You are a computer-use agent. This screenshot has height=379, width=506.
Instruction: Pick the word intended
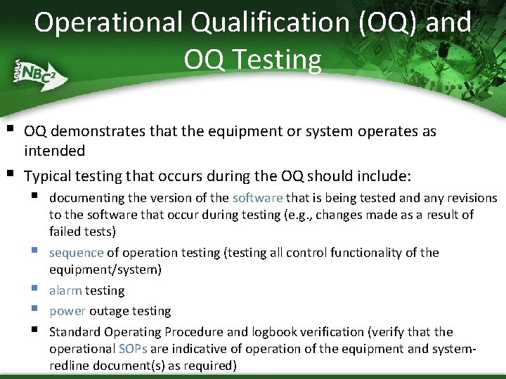point(54,150)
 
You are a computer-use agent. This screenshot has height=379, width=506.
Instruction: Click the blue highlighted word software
point(257,199)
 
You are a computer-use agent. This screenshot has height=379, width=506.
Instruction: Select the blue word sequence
point(76,253)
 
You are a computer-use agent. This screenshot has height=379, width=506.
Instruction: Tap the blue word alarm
point(65,291)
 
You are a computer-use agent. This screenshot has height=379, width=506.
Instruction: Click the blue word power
point(67,311)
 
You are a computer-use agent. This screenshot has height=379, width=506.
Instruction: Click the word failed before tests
point(65,232)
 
